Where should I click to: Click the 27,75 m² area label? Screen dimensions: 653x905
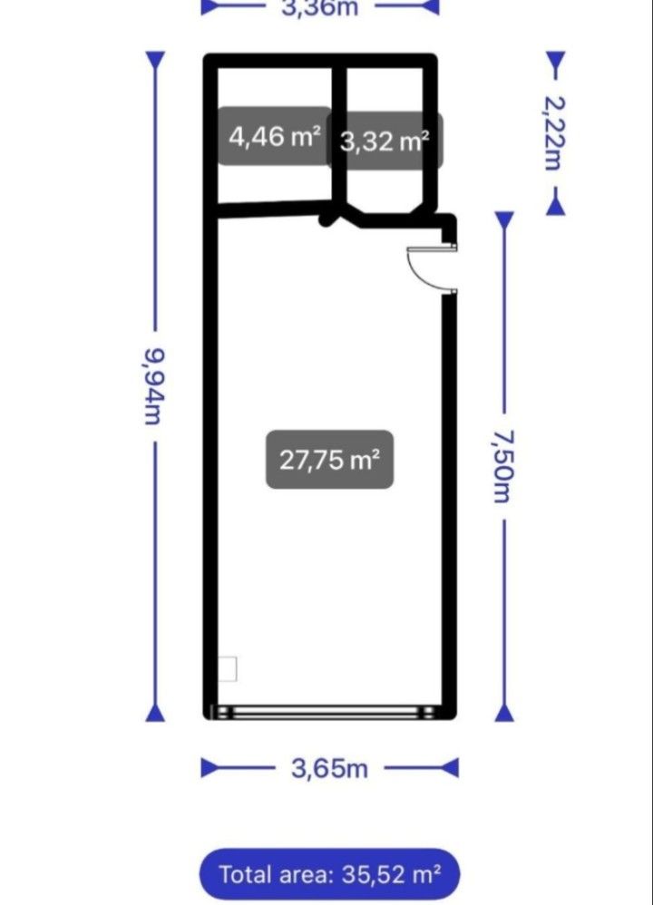[x=330, y=460]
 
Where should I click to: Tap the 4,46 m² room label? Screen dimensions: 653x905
[x=274, y=137]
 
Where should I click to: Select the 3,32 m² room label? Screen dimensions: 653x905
[x=385, y=141]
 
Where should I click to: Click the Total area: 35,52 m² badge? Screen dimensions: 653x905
[x=330, y=874]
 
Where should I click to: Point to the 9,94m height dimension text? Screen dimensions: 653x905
[x=154, y=386]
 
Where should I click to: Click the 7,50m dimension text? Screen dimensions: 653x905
[x=503, y=467]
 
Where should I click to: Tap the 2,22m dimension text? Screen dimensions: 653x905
[x=554, y=133]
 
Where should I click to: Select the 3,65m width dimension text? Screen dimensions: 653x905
[x=329, y=768]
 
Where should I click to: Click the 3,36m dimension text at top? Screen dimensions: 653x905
[x=319, y=8]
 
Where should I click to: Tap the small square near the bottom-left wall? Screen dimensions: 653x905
[x=228, y=669]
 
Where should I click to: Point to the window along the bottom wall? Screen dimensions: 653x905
[x=324, y=712]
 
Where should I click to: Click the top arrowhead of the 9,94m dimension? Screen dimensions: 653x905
[x=155, y=61]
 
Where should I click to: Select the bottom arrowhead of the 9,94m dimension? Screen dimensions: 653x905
[x=155, y=712]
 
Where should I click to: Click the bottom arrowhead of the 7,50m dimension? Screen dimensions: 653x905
[x=504, y=712]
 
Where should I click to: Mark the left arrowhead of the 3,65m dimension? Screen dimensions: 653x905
[x=210, y=768]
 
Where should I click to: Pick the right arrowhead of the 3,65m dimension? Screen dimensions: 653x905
[x=450, y=768]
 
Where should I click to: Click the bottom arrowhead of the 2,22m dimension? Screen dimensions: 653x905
[x=555, y=206]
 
